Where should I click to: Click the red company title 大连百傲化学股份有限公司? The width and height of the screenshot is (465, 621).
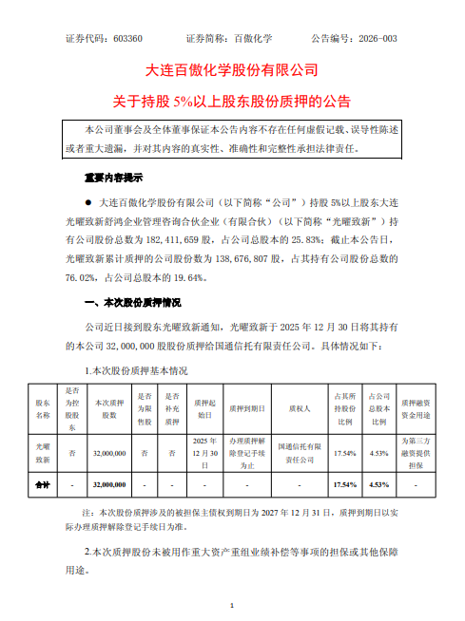point(231,70)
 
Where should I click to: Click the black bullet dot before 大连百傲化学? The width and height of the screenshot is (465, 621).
point(87,203)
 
